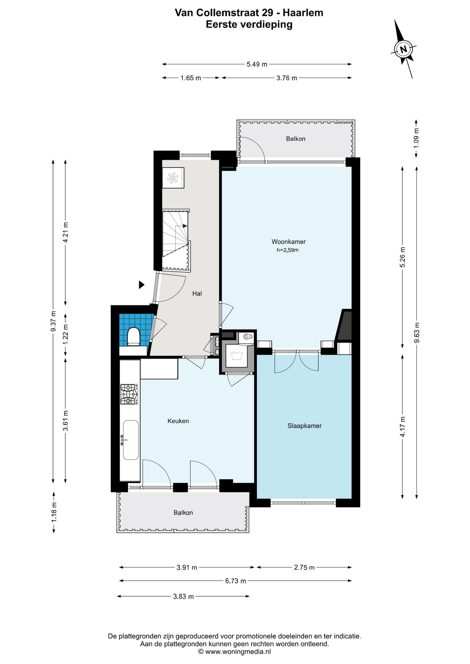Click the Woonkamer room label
tap(288, 242)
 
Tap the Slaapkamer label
tap(305, 426)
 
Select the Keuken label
tap(178, 421)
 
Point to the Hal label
tap(197, 293)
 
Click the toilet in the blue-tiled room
tap(133, 336)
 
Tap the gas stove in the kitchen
tap(129, 394)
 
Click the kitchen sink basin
tap(131, 440)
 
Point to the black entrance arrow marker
tap(141, 285)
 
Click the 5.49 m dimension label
tap(257, 64)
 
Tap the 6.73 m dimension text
tap(236, 581)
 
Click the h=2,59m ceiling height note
tap(288, 250)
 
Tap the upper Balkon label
tap(296, 139)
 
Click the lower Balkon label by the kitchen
tap(183, 513)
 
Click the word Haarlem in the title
tap(303, 13)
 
